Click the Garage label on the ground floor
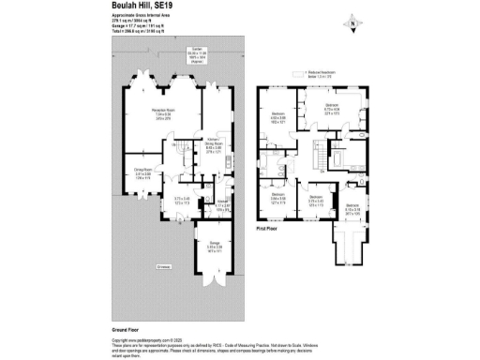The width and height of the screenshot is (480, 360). point(215,246)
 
